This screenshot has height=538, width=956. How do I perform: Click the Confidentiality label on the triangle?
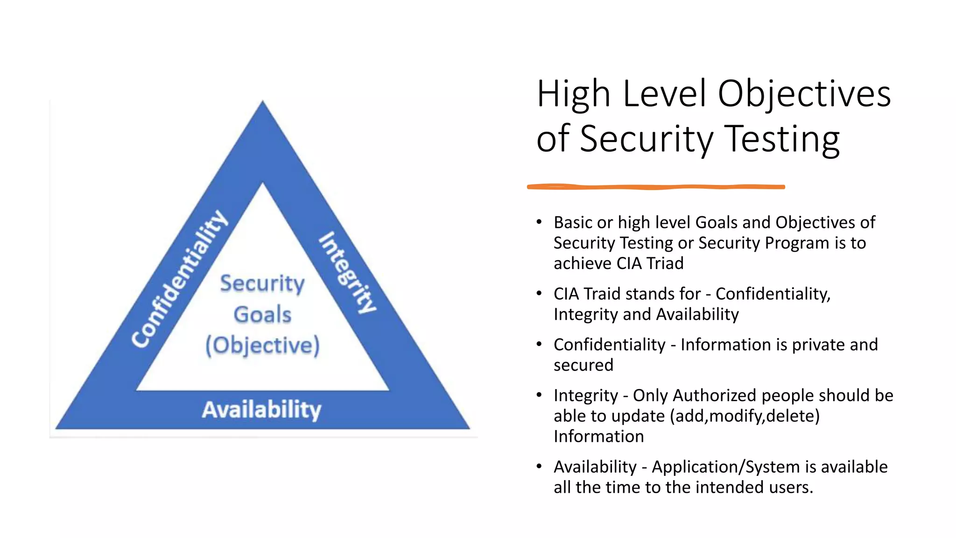(x=180, y=279)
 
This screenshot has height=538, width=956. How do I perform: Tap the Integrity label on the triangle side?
(x=348, y=272)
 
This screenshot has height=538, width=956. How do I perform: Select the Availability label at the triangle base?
(x=262, y=410)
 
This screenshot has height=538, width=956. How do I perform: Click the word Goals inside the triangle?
(x=262, y=314)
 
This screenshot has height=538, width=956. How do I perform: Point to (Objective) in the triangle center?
(x=263, y=346)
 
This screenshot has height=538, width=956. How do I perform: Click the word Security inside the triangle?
(x=262, y=283)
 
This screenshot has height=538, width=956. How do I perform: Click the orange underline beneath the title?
(x=656, y=187)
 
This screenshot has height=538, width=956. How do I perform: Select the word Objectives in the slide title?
(x=804, y=94)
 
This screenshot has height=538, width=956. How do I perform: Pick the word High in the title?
(x=574, y=94)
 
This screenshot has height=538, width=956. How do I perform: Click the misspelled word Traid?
(x=602, y=294)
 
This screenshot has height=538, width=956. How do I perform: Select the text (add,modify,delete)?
(x=745, y=416)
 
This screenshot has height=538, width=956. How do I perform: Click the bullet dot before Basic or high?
(x=539, y=221)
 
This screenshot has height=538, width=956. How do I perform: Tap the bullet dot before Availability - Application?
(x=539, y=466)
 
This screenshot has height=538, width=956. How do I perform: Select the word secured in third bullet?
(x=583, y=365)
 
